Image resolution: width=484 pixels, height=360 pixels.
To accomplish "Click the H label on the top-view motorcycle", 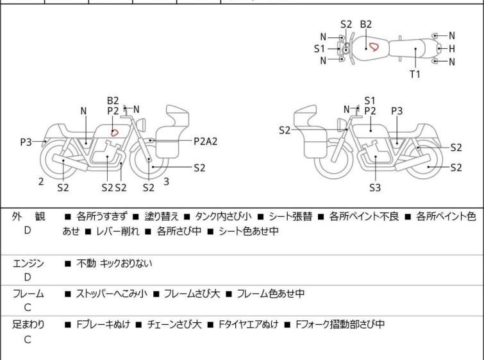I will (452, 49).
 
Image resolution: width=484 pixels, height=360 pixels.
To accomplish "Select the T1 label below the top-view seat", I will (415, 74).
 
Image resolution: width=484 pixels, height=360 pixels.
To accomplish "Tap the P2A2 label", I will (205, 141).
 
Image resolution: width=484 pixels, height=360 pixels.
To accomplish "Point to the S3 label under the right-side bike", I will (374, 188).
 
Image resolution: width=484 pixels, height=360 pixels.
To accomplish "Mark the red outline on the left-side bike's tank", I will (115, 132).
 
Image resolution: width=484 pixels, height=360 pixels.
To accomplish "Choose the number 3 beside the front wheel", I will (166, 182).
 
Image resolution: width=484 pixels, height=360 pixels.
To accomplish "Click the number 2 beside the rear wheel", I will (41, 182).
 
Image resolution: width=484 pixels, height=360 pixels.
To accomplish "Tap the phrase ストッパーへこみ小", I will (112, 294).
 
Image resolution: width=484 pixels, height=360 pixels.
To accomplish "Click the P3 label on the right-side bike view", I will (397, 110).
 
